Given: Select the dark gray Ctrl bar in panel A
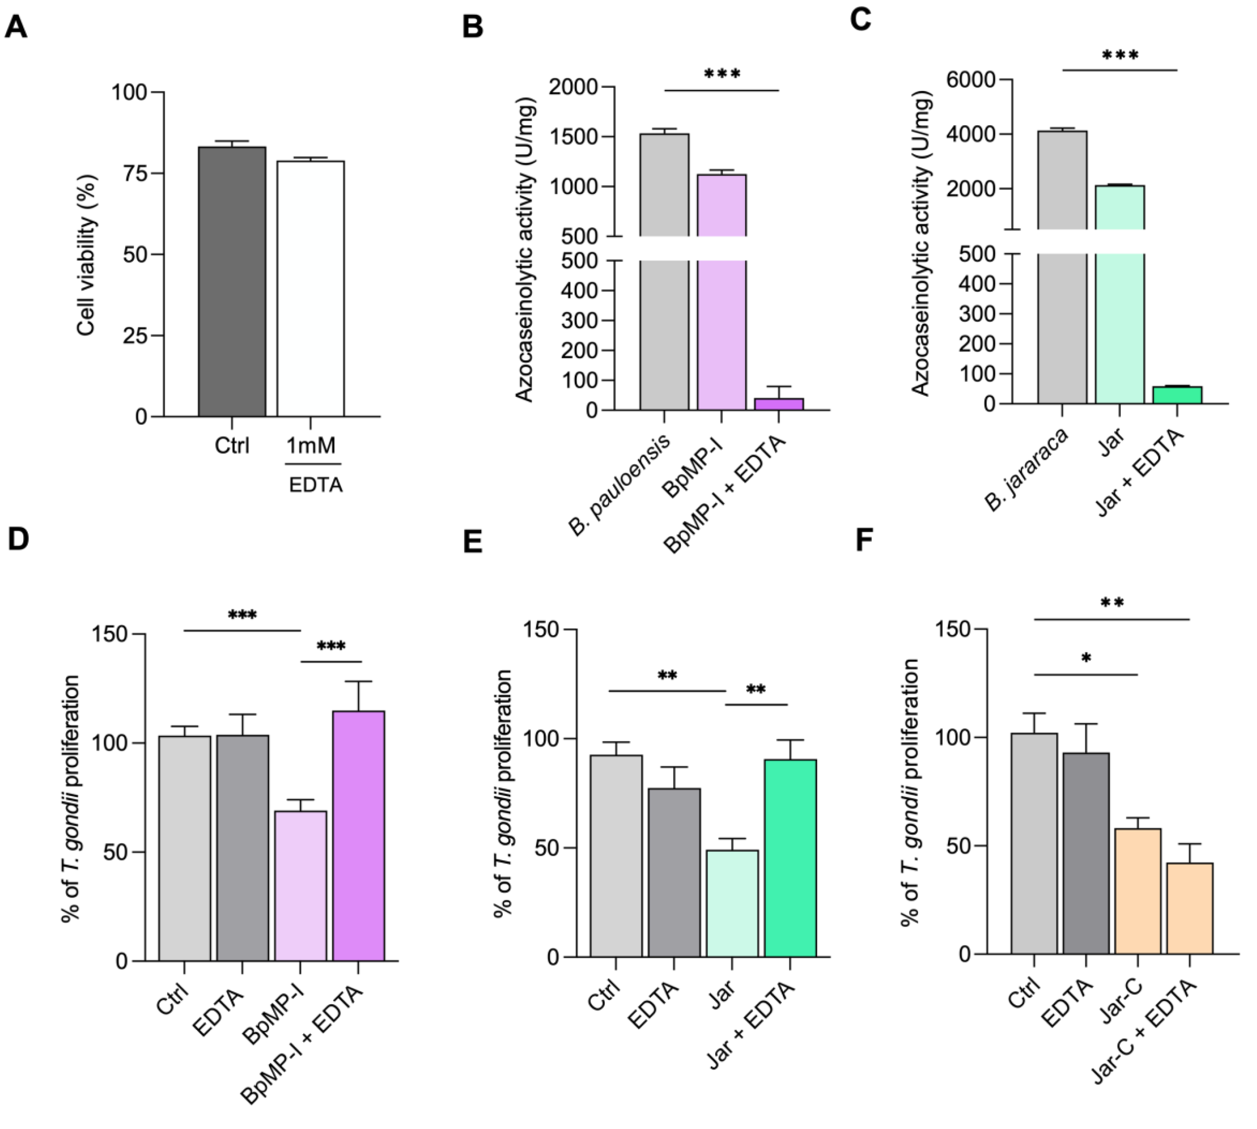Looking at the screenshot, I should pos(232,281).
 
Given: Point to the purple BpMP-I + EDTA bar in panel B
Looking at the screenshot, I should pos(779,404).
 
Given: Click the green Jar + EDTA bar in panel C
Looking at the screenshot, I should pos(1177,395).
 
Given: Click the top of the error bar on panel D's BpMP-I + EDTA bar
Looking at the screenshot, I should pos(359,681).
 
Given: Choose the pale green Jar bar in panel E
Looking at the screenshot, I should pos(732,903).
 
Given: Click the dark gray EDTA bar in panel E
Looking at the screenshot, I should pos(674,872).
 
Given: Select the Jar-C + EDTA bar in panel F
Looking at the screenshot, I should pos(1189,907).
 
